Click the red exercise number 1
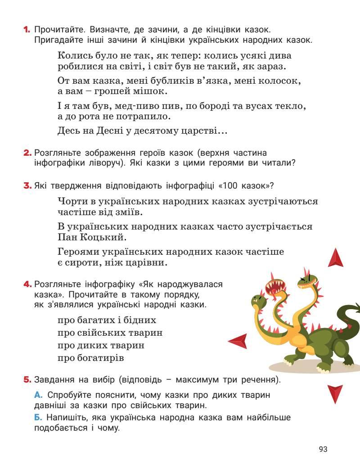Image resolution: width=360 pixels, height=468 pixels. pos(26,30)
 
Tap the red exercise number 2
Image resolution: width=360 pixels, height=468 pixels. pos(27,153)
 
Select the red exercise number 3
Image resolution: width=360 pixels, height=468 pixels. pos(27,185)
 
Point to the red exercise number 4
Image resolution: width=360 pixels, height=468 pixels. pos(27,284)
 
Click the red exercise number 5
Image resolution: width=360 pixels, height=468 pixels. pos(27,380)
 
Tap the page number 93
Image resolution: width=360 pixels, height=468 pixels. pos(323,449)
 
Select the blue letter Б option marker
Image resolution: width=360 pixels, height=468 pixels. pos(38,418)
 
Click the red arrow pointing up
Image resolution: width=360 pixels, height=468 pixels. pos(335,258)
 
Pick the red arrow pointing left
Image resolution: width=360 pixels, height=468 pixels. pos(238,341)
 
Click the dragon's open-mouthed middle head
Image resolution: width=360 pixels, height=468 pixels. pos(275,288)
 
